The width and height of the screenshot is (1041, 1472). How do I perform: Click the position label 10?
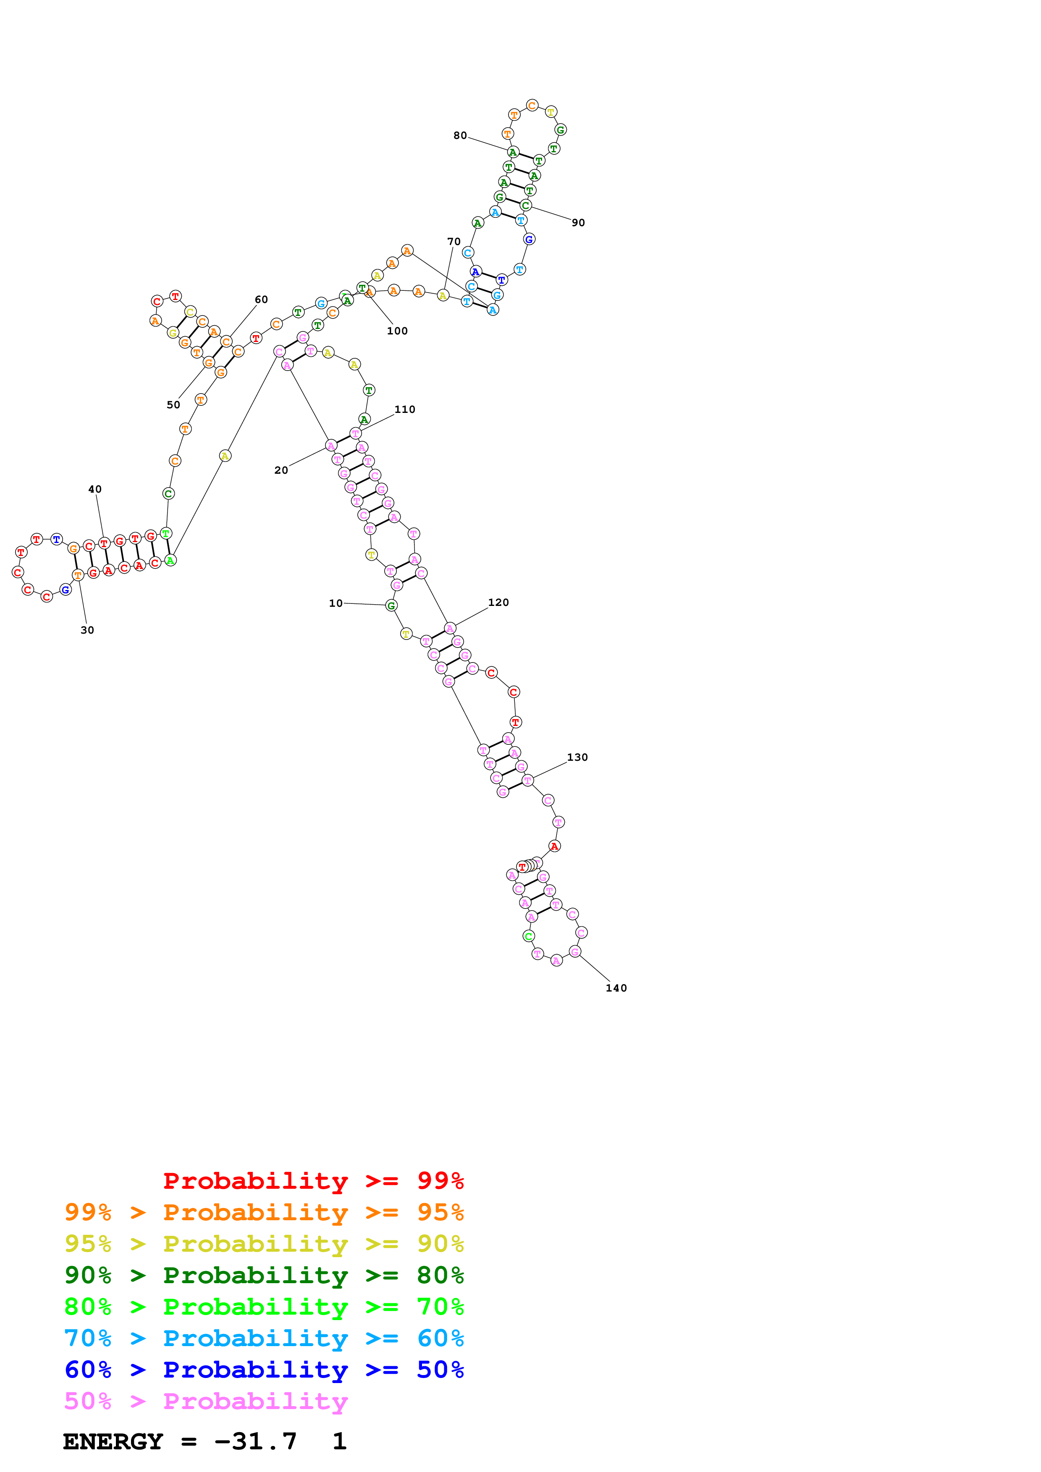[336, 603]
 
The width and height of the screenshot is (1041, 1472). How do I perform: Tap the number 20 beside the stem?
[281, 470]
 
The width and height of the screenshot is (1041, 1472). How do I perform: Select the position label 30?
[87, 630]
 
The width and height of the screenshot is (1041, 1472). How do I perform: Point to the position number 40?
[95, 489]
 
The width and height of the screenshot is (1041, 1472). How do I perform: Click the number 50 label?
[173, 405]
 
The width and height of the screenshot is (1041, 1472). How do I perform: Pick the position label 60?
[261, 300]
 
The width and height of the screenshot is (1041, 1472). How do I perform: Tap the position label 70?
[454, 242]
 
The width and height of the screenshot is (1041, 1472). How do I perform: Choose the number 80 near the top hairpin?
[460, 135]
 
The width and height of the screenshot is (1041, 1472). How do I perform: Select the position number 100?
[397, 331]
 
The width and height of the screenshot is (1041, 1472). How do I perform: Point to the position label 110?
[405, 409]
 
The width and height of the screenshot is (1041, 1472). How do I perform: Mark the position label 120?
[498, 603]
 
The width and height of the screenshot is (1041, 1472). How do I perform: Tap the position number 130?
[577, 757]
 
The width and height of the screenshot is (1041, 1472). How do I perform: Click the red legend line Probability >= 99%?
[313, 1181]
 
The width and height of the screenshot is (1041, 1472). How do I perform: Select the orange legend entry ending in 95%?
[264, 1212]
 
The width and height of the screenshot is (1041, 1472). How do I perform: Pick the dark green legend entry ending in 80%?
[264, 1275]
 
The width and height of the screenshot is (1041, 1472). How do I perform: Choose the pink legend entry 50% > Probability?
[206, 1401]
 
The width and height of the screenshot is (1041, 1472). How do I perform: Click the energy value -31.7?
[255, 1441]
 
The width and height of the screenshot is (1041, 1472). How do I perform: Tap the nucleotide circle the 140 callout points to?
[575, 951]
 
